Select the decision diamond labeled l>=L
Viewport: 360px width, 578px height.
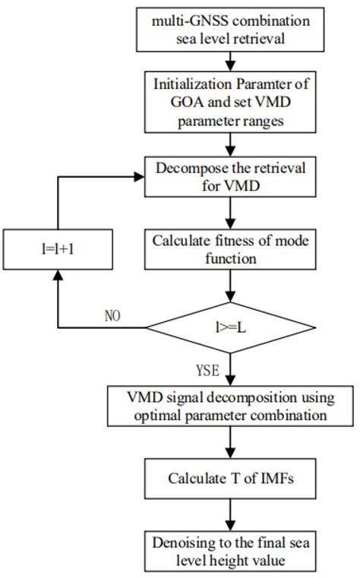click(x=228, y=328)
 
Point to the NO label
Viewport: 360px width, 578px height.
click(x=113, y=315)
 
